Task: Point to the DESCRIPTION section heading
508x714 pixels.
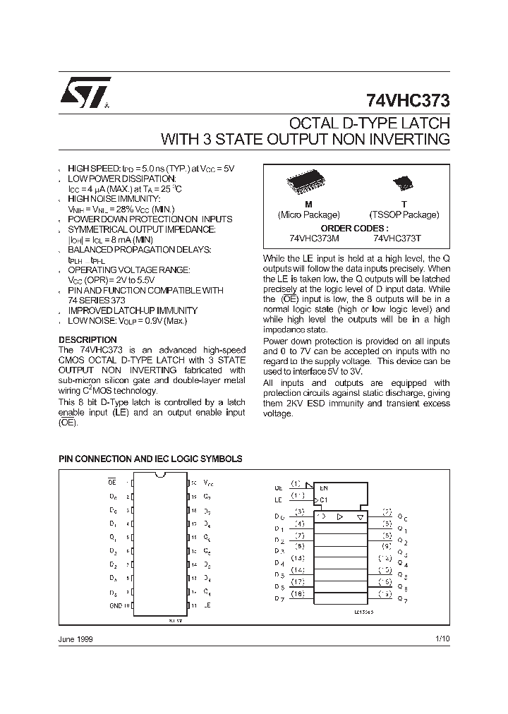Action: tap(87, 340)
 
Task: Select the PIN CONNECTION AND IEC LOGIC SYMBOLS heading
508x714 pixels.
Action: tap(150, 459)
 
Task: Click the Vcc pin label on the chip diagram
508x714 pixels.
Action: tap(208, 483)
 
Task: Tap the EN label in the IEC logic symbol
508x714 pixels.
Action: tap(323, 488)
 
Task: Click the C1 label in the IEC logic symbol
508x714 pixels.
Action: tap(323, 500)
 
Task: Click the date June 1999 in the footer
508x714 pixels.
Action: tap(75, 639)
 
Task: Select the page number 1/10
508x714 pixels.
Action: tap(442, 639)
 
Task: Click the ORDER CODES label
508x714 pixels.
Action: tap(354, 228)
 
